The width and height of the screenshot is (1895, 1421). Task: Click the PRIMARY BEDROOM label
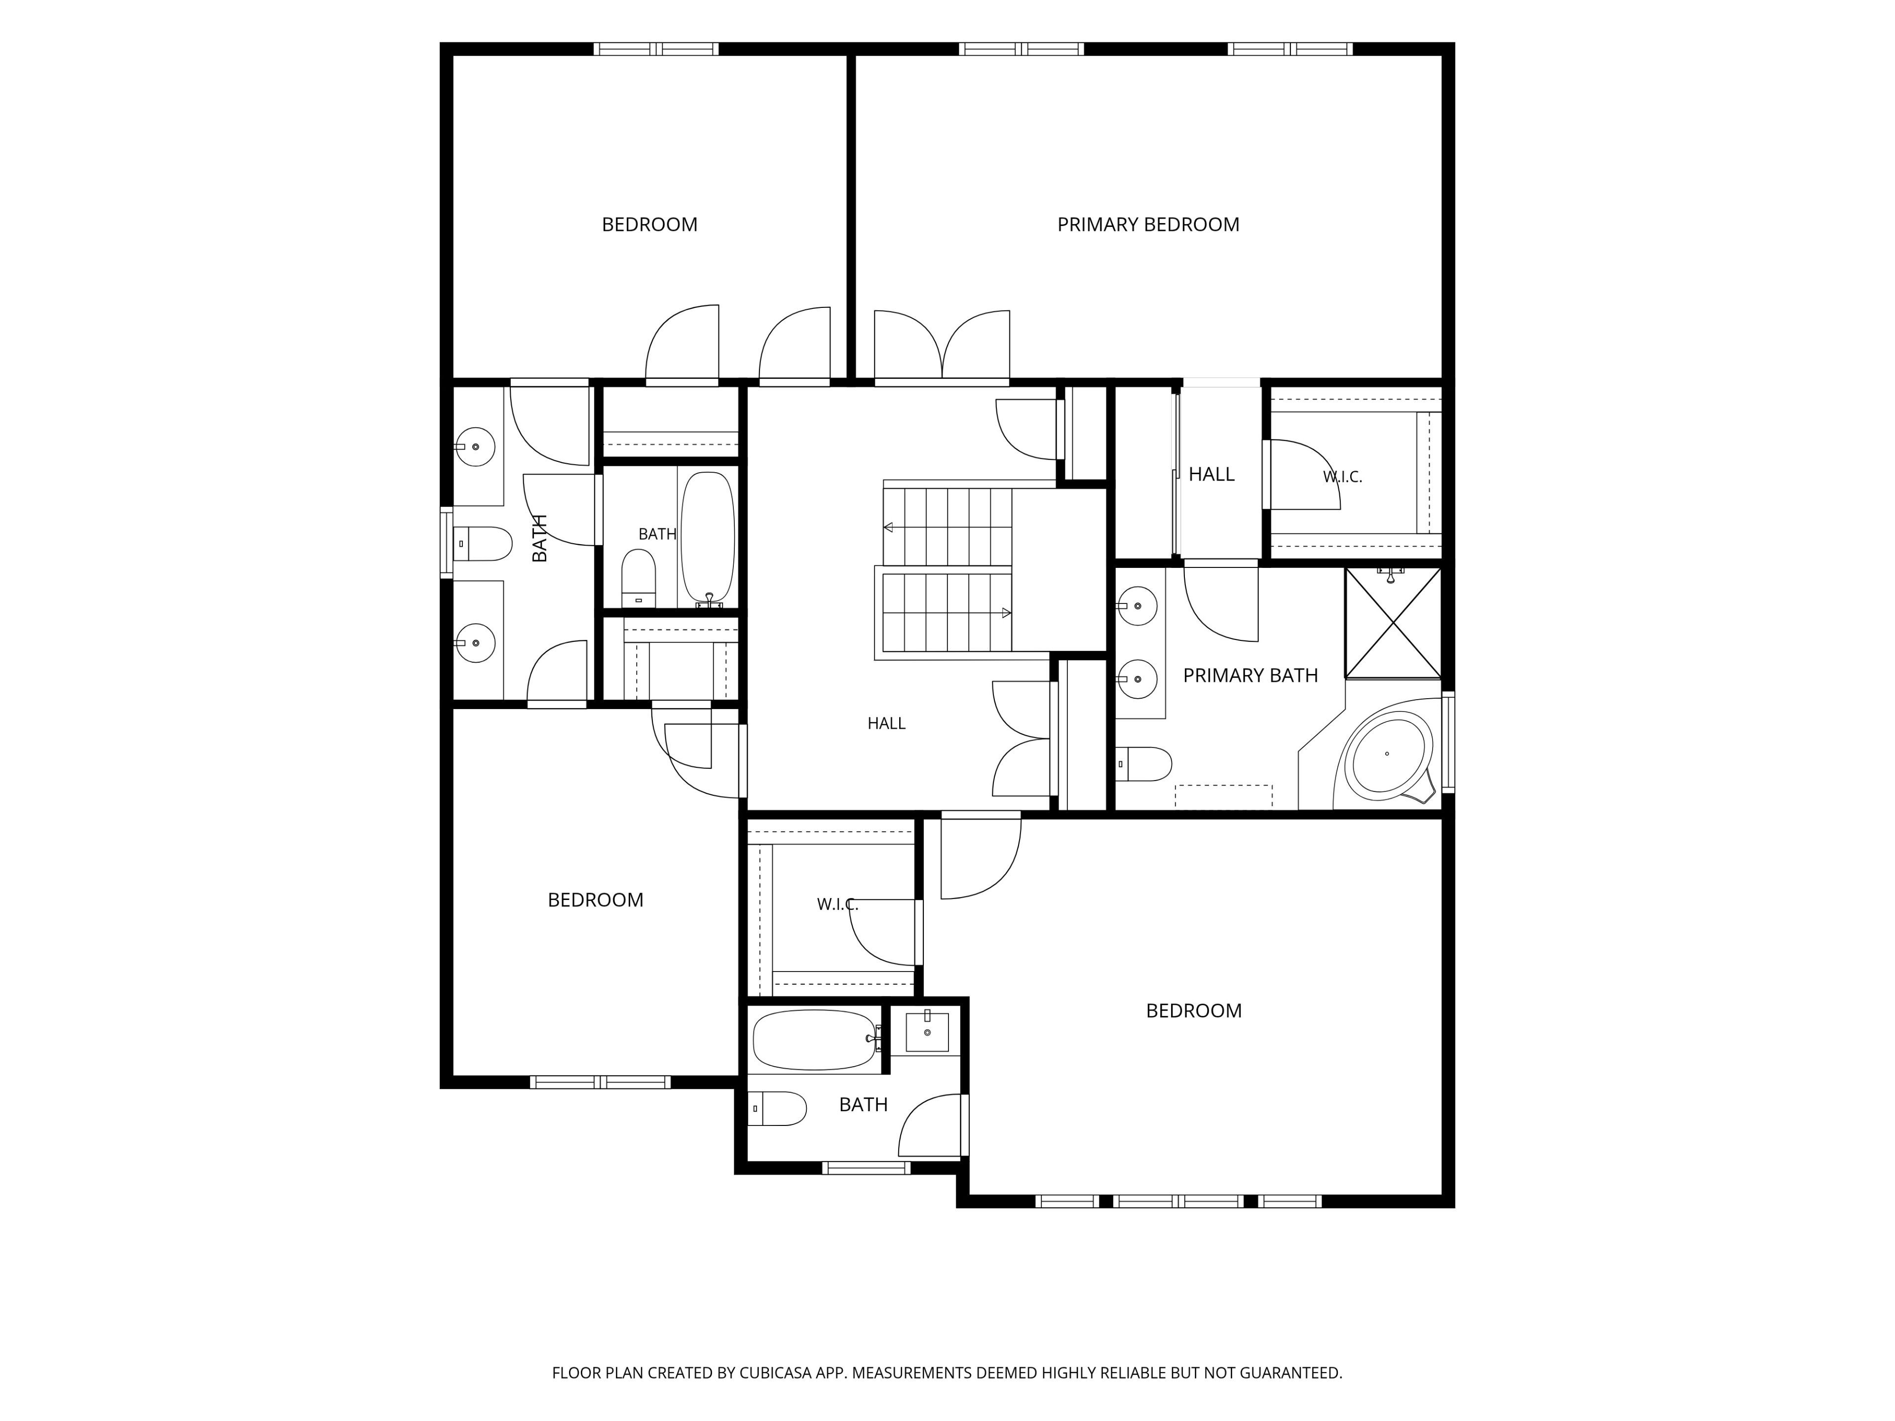coord(1148,224)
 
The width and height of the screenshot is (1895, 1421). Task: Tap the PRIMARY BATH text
coord(1250,676)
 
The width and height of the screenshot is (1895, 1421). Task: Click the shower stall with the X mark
coord(1393,623)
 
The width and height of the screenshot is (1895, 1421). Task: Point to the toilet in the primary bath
coord(1144,764)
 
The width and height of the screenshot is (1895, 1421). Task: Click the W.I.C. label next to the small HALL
coord(1342,477)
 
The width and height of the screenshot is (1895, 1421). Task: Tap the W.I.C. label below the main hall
coord(837,904)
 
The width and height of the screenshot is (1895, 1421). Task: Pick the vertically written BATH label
coord(540,538)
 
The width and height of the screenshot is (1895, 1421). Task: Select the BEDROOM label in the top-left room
coord(649,224)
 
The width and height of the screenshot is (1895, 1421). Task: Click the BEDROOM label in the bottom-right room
coord(1193,1010)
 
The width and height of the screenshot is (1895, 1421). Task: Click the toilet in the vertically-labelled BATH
coord(482,543)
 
